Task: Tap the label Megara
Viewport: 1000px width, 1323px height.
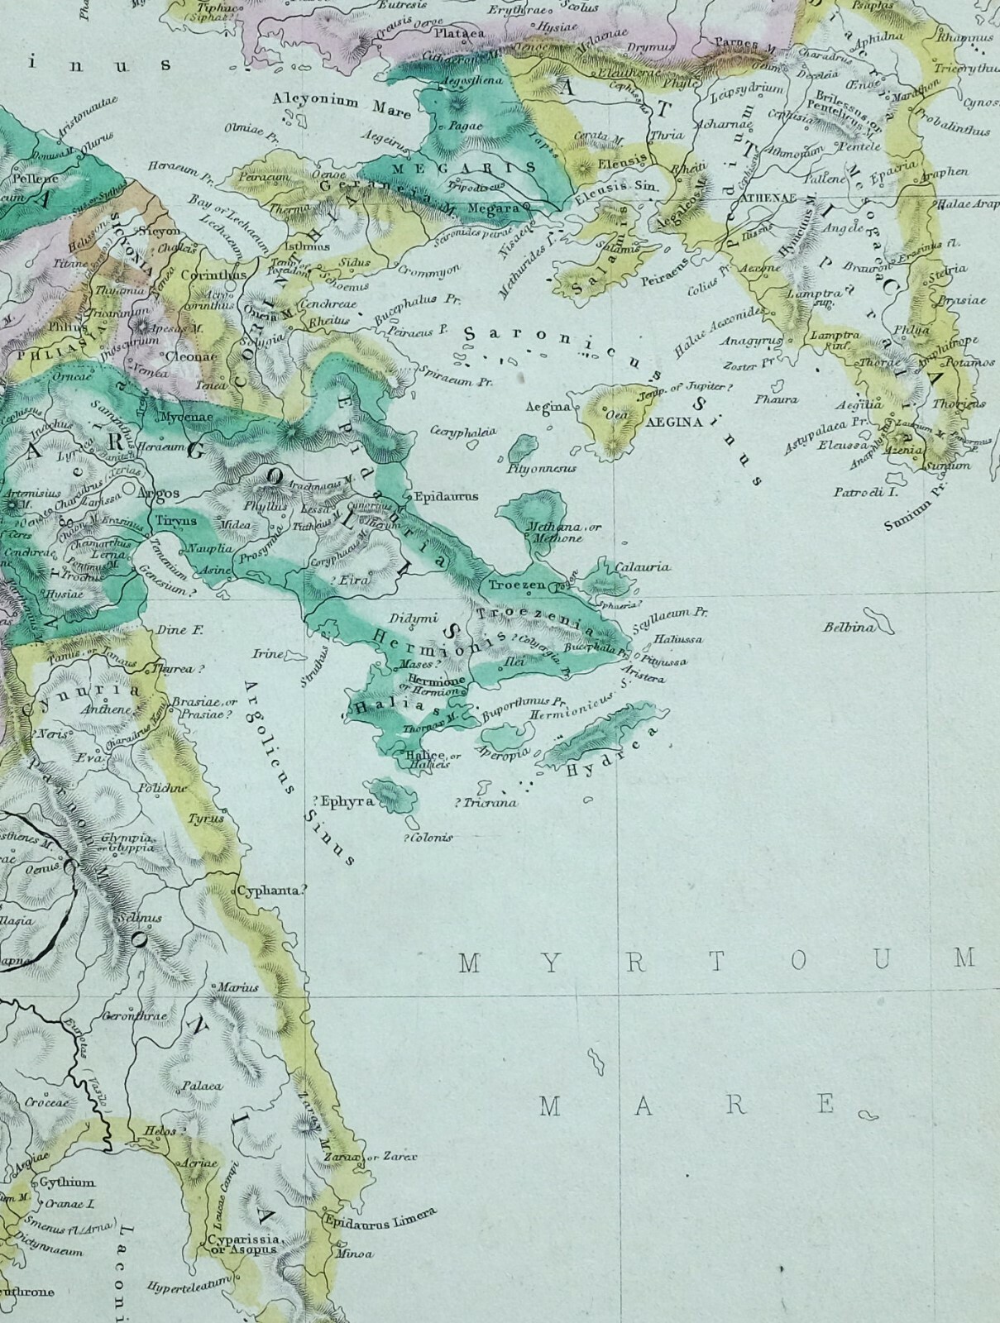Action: tap(493, 208)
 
